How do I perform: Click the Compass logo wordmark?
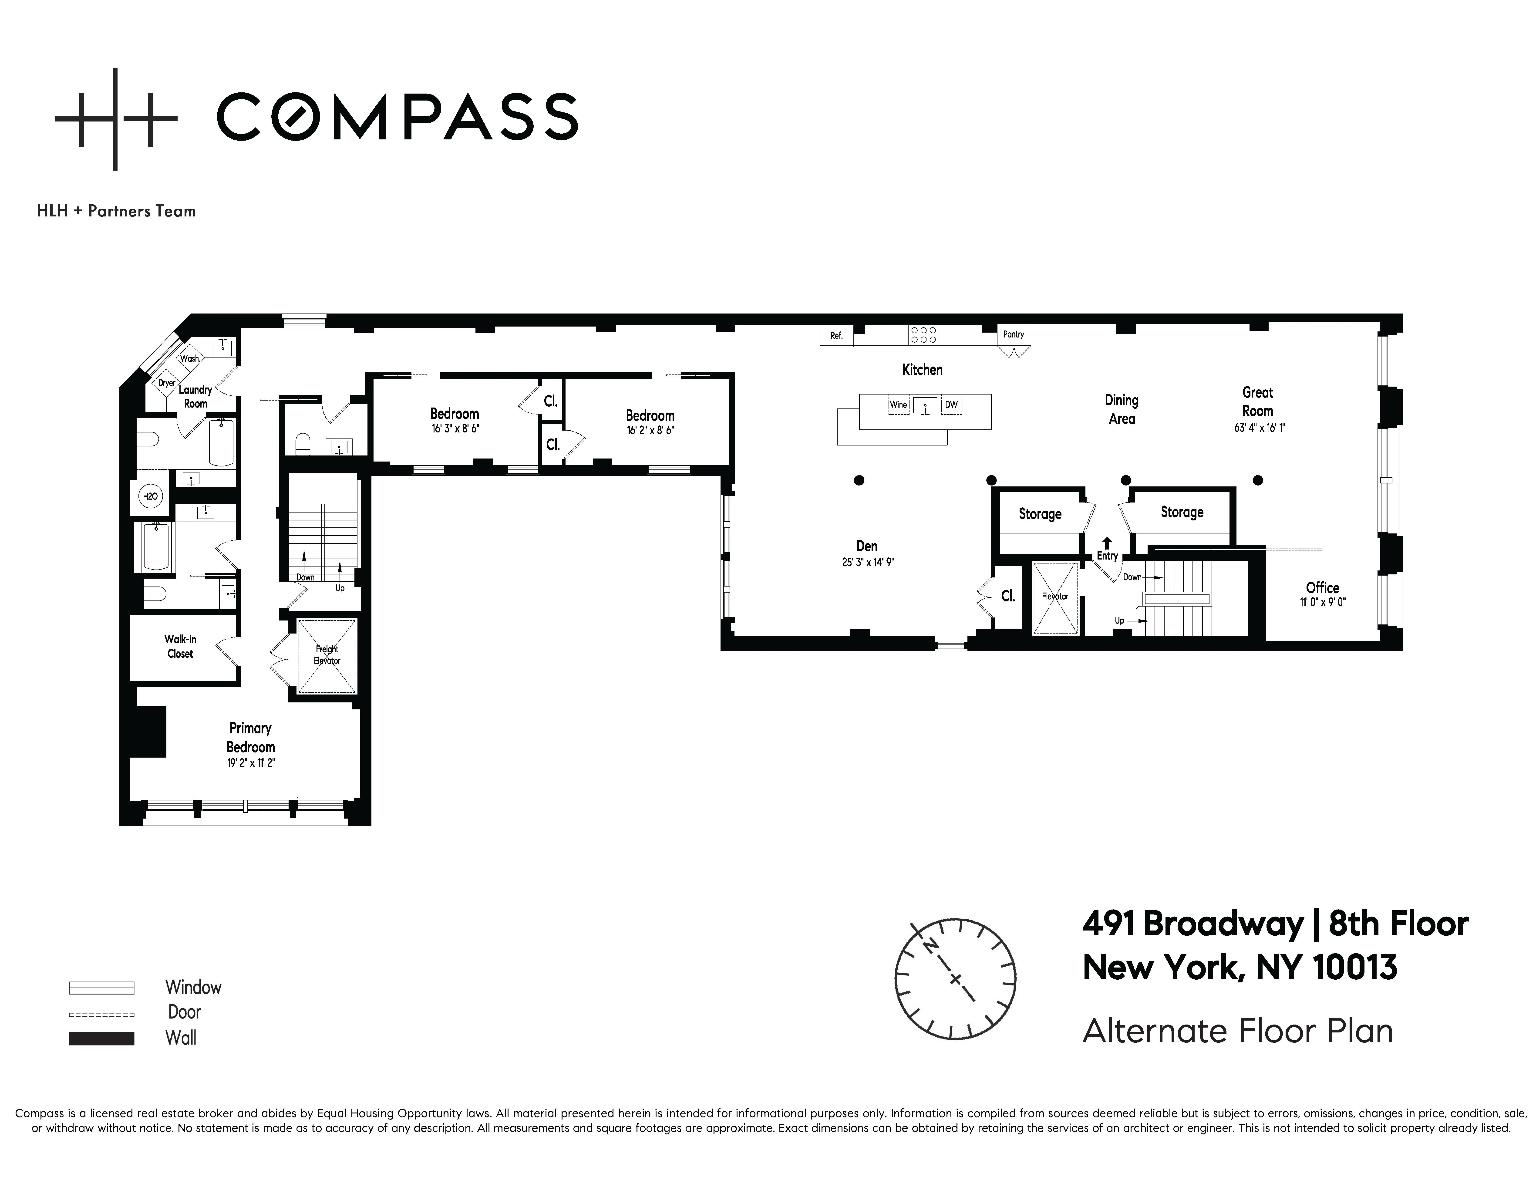[397, 117]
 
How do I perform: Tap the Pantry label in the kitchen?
[1013, 335]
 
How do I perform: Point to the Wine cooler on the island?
[898, 405]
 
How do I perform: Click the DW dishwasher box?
[951, 405]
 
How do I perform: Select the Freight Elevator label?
[327, 655]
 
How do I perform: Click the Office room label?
[1322, 588]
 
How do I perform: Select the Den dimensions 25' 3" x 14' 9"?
[867, 563]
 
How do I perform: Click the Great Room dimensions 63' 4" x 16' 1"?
[1259, 428]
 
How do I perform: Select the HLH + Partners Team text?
[116, 211]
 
